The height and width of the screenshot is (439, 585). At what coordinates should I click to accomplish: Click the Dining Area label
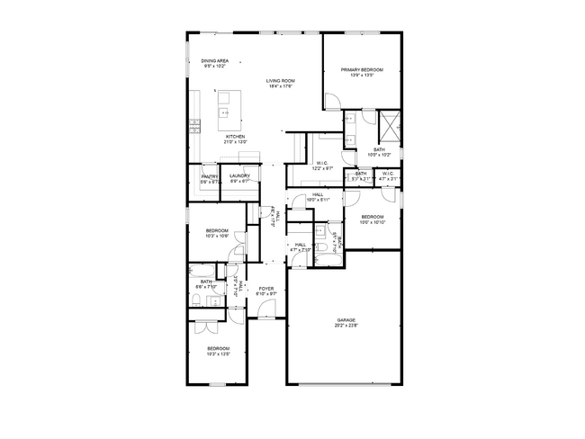point(215,63)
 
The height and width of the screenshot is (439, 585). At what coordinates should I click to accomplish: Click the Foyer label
point(266,291)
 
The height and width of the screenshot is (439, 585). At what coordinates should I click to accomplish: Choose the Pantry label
point(211,178)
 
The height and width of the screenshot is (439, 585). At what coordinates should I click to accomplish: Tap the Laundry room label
point(239,178)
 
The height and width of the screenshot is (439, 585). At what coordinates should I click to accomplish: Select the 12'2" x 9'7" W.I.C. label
point(322,166)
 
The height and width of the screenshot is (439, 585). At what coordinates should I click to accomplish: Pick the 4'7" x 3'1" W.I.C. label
point(387,175)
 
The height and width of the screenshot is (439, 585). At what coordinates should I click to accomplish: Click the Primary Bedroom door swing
point(332,102)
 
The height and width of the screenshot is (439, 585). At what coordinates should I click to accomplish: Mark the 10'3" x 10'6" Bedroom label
point(217,233)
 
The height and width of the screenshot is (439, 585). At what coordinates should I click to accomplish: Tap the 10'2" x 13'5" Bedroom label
point(219,351)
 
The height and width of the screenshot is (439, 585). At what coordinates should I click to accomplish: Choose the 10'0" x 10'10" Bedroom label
point(373,219)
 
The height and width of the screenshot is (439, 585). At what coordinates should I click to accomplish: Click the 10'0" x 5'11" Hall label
point(318,197)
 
